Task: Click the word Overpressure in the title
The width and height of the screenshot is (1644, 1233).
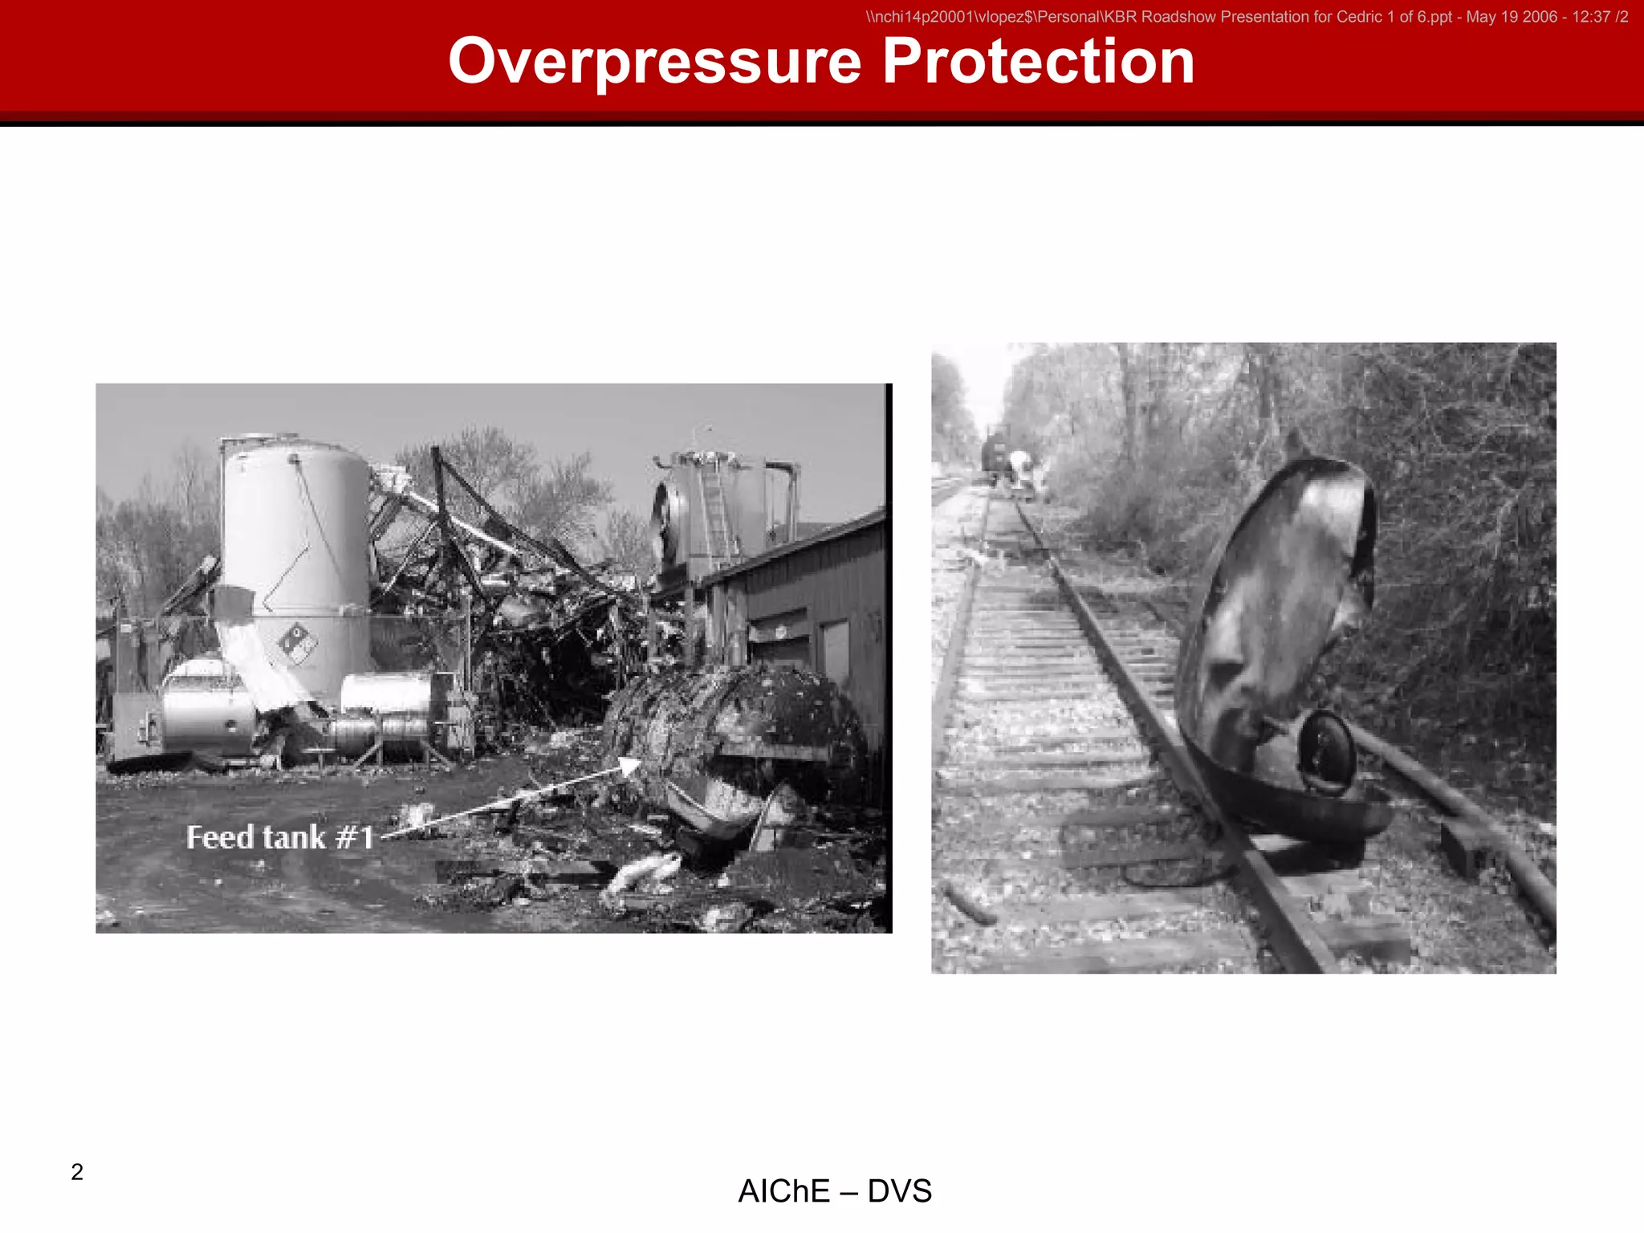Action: [x=654, y=63]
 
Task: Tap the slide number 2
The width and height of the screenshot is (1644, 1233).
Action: [x=77, y=1172]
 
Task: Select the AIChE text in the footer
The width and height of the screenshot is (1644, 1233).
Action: [x=783, y=1191]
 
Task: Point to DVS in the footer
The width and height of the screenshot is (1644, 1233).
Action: [x=900, y=1191]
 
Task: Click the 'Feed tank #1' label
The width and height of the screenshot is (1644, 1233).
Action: [x=280, y=837]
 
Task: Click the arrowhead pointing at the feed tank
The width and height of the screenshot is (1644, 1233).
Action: [x=629, y=765]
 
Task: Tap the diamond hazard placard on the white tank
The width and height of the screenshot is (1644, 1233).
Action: [x=298, y=643]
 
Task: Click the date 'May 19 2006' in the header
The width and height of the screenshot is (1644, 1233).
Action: [x=1512, y=17]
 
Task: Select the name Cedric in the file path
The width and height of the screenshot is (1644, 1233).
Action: [x=1357, y=17]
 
